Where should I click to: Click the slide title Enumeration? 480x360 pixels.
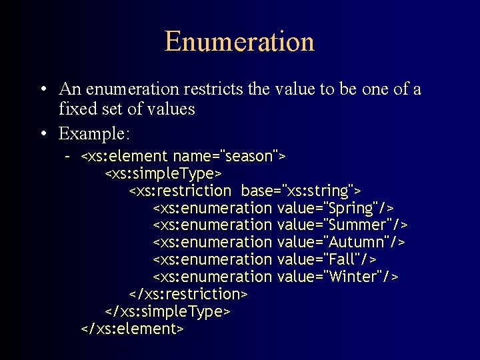(239, 41)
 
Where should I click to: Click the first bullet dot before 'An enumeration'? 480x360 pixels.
(43, 90)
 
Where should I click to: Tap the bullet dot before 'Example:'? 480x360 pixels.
(43, 134)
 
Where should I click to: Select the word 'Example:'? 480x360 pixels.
(94, 133)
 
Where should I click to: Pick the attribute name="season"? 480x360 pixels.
(226, 157)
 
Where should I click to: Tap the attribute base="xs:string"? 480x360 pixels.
(301, 191)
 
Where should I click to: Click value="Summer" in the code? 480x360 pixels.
(341, 225)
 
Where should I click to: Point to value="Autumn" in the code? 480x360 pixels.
(340, 241)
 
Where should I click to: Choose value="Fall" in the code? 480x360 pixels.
(326, 259)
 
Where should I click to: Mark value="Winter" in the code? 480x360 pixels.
(337, 276)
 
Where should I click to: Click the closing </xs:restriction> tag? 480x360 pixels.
(188, 294)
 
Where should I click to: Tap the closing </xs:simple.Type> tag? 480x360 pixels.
(167, 311)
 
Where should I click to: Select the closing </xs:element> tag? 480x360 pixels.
(131, 329)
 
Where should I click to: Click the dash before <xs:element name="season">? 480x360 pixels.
(67, 157)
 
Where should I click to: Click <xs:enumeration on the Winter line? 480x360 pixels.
(212, 276)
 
